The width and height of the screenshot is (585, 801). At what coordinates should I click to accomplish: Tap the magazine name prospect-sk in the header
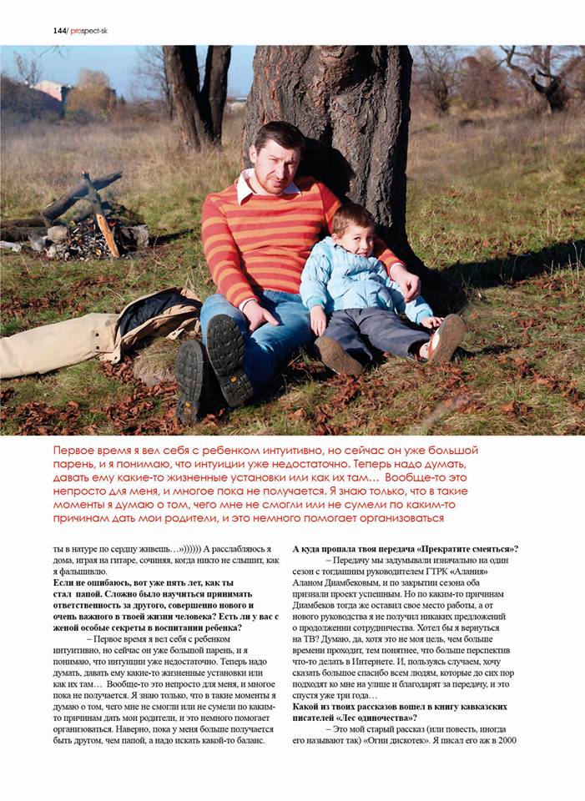[x=89, y=31]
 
